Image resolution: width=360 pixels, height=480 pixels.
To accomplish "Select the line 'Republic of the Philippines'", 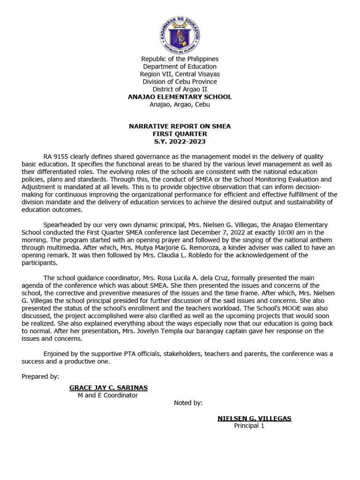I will (x=180, y=59).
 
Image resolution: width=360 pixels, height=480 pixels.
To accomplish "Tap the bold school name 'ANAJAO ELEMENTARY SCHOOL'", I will (x=180, y=97).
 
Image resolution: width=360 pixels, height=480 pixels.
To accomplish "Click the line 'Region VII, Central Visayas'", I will (x=180, y=74).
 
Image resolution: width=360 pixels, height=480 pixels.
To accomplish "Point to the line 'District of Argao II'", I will (x=180, y=89).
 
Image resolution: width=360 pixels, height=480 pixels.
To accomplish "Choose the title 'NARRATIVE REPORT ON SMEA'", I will (x=180, y=127).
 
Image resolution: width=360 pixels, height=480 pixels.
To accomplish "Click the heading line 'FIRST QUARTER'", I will (x=180, y=134).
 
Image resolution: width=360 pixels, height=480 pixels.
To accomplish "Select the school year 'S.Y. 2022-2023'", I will (x=180, y=142).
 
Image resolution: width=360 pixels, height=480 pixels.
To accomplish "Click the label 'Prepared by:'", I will (x=40, y=376).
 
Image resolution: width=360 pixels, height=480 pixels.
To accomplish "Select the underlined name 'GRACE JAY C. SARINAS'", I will (x=108, y=388).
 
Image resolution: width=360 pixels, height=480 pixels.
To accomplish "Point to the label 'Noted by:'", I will (x=188, y=403).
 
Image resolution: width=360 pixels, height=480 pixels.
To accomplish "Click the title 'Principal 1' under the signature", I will (x=249, y=426).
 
